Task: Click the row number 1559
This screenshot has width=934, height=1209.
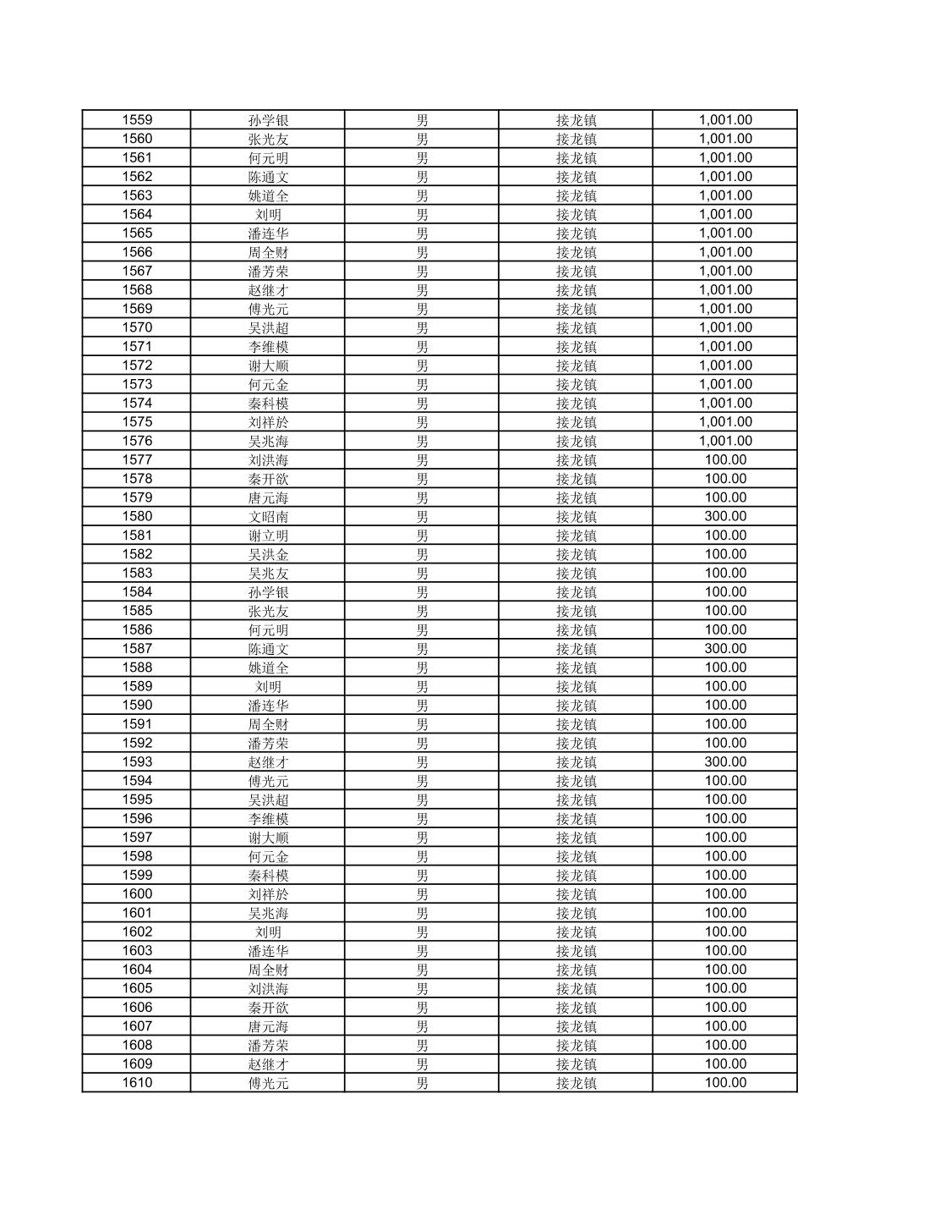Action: pyautogui.click(x=137, y=120)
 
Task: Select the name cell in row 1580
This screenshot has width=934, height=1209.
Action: pyautogui.click(x=268, y=517)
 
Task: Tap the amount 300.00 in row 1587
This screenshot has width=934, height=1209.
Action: pyautogui.click(x=725, y=649)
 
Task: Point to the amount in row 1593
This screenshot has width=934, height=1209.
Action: pyautogui.click(x=725, y=762)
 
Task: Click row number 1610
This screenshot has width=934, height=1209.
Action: pyautogui.click(x=137, y=1083)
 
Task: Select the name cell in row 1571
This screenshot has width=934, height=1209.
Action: pyautogui.click(x=268, y=347)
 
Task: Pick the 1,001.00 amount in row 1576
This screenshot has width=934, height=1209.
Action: pyautogui.click(x=725, y=441)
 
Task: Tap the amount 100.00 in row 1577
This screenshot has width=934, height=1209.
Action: pyautogui.click(x=725, y=460)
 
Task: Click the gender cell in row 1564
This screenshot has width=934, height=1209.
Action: pyautogui.click(x=422, y=215)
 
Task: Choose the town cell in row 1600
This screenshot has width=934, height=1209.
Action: pyautogui.click(x=576, y=894)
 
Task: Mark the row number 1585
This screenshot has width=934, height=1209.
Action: pyautogui.click(x=137, y=611)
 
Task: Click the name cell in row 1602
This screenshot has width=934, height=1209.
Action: pyautogui.click(x=268, y=932)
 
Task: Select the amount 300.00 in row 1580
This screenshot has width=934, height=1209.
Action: pyautogui.click(x=725, y=517)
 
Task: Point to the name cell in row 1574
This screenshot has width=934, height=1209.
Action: pyautogui.click(x=268, y=404)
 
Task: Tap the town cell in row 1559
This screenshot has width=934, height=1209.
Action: pyautogui.click(x=576, y=120)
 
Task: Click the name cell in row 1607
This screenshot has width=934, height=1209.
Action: pyautogui.click(x=268, y=1026)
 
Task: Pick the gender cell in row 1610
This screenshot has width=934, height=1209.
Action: pyautogui.click(x=422, y=1083)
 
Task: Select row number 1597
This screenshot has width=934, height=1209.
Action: pyautogui.click(x=137, y=838)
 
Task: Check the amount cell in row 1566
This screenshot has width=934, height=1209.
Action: pyautogui.click(x=725, y=252)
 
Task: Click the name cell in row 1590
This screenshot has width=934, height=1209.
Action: pyautogui.click(x=268, y=706)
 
